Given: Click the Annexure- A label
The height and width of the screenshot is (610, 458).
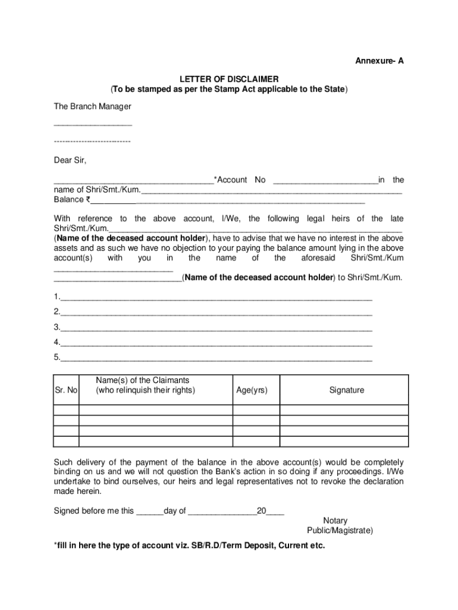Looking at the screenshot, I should (x=379, y=61).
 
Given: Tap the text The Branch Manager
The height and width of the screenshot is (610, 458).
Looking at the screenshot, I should (x=92, y=107).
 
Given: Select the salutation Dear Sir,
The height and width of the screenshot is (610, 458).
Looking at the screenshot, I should (x=70, y=160).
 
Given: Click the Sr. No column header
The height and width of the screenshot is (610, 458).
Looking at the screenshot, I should (x=66, y=390).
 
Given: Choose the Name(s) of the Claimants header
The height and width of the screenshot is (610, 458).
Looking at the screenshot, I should (x=145, y=385).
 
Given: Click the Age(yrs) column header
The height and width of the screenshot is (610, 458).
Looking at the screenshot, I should (x=252, y=390).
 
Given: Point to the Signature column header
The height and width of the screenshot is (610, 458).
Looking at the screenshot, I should (x=346, y=390).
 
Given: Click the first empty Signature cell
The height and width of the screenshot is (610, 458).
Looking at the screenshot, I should (x=344, y=410).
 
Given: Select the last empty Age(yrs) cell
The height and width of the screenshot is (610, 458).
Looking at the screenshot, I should (x=256, y=441).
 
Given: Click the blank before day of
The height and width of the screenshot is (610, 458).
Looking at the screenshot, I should (x=149, y=512).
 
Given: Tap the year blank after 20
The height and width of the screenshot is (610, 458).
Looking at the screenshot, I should (x=275, y=512).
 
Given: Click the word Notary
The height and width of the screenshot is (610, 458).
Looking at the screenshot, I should (x=335, y=521).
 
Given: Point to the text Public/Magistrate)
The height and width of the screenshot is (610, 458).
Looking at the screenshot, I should (x=340, y=530).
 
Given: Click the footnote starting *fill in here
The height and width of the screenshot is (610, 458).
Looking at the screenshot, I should (x=189, y=546).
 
